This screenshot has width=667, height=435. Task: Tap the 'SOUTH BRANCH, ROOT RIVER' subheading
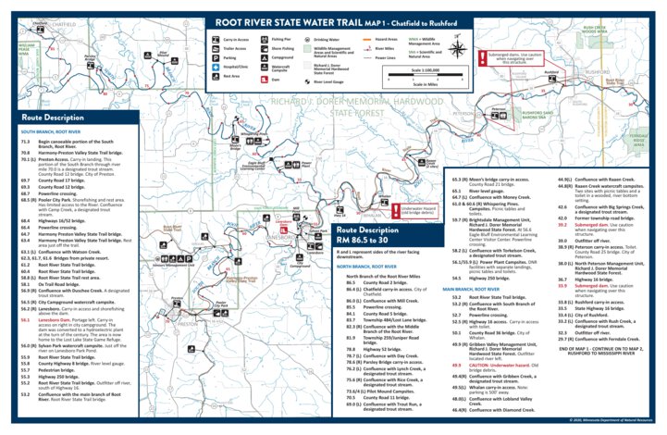pyautogui.click(x=55, y=132)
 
